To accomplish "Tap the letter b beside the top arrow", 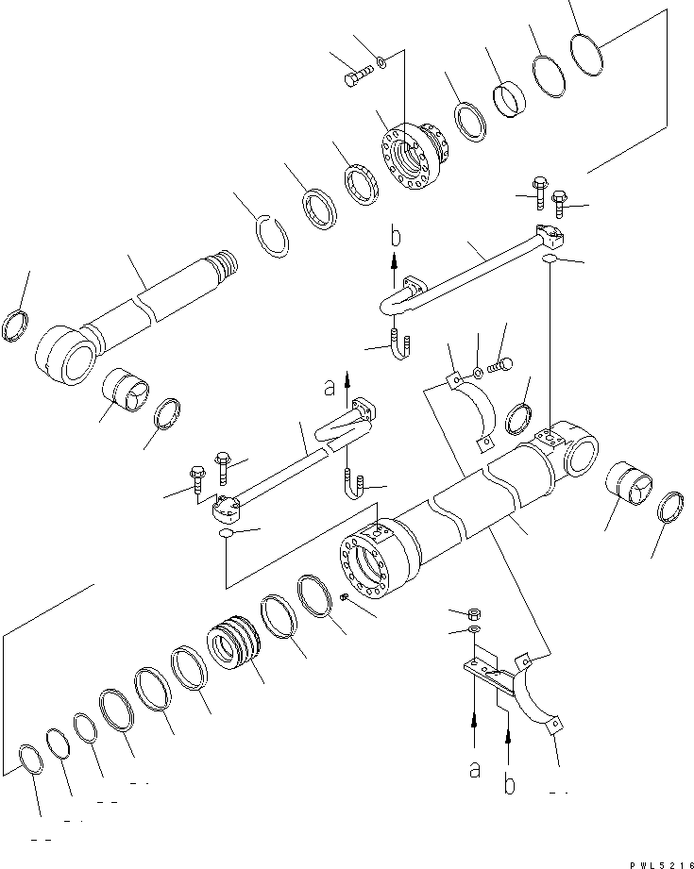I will pos(397,235).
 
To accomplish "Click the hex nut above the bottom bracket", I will pos(475,613).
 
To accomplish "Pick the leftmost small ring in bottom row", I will pos(29,760).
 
